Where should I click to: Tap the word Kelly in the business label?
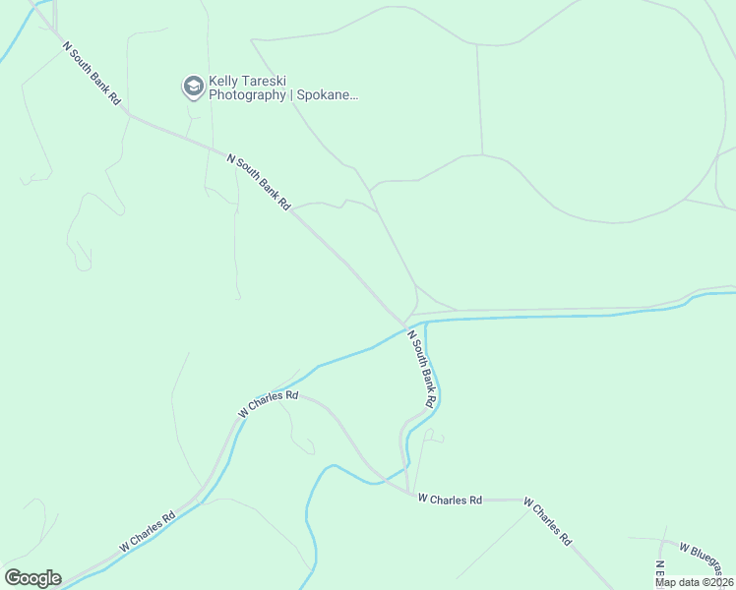[223, 83]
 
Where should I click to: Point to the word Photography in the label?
[245, 96]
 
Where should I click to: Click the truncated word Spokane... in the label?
[326, 96]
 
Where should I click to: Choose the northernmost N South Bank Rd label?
[91, 74]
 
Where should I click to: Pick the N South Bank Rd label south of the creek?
[421, 369]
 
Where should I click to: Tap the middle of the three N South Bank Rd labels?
[260, 182]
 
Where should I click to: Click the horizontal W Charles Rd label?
[449, 500]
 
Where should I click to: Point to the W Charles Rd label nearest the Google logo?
[148, 530]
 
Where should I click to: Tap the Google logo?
[32, 578]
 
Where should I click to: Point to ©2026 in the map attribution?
[717, 582]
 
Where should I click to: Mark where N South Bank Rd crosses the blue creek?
[406, 324]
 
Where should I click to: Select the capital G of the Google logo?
[13, 578]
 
